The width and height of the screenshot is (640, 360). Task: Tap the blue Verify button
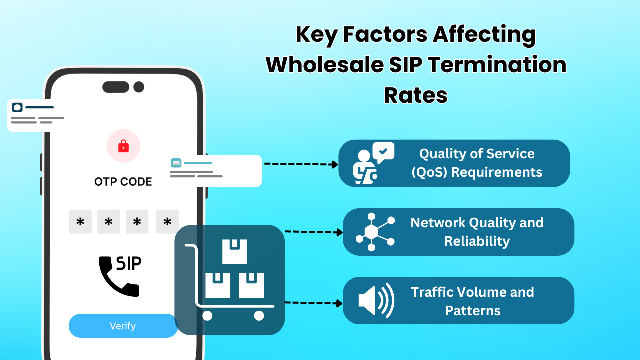point(123,326)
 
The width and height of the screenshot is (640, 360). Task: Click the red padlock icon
point(123,146)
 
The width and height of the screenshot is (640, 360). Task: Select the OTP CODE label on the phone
point(123,182)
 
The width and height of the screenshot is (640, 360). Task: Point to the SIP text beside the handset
point(129,263)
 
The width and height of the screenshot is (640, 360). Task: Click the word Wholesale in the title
point(325,65)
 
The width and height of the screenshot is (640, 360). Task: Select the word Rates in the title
point(416,95)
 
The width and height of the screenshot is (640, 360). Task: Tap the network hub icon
point(375,232)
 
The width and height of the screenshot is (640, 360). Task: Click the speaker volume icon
point(376,300)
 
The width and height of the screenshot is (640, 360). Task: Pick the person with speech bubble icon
point(373,163)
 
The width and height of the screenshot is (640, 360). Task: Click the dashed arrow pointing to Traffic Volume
point(313,303)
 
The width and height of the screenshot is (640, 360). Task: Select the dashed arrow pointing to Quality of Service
point(301,164)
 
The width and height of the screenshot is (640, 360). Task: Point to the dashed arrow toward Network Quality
point(314,232)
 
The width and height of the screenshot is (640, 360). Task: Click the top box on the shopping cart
point(235,251)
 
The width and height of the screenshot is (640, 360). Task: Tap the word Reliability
point(477,241)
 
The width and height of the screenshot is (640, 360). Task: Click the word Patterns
point(473,311)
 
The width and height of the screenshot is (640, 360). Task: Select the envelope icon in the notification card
point(176,163)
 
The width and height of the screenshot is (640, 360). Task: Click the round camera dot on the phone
point(139,87)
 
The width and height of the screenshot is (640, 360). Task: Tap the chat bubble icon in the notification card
point(17,107)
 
